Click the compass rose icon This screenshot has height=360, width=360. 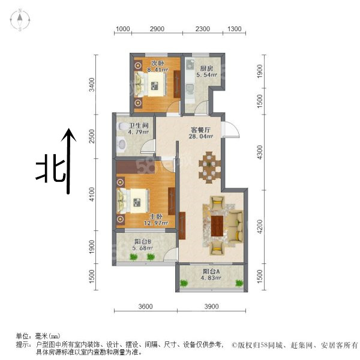(x=20, y=20)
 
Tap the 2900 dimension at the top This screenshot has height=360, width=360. (x=157, y=29)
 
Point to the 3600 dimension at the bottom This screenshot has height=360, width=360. (x=146, y=306)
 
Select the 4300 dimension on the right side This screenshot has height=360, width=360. (x=259, y=152)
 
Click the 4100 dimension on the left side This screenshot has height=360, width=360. (x=92, y=194)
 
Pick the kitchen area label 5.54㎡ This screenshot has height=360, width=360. (x=206, y=74)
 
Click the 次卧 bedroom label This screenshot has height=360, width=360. (x=157, y=63)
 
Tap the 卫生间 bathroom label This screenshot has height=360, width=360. (x=139, y=125)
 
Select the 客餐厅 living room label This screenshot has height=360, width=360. (x=200, y=130)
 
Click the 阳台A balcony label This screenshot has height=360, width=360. (x=211, y=271)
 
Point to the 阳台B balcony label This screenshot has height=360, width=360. (x=143, y=241)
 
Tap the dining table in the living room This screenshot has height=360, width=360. (x=209, y=167)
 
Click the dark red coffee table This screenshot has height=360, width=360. (x=217, y=226)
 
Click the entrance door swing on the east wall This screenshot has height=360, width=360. (x=231, y=130)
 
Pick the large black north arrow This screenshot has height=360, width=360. (x=68, y=161)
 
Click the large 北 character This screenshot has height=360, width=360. (x=52, y=171)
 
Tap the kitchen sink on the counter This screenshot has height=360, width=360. (x=190, y=65)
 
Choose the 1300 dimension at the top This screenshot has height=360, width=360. (x=234, y=29)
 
